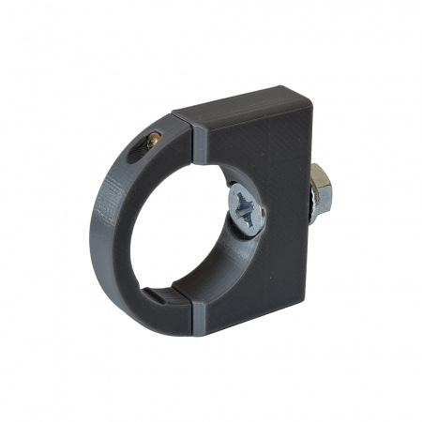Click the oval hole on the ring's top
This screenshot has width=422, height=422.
pos(150,143)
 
